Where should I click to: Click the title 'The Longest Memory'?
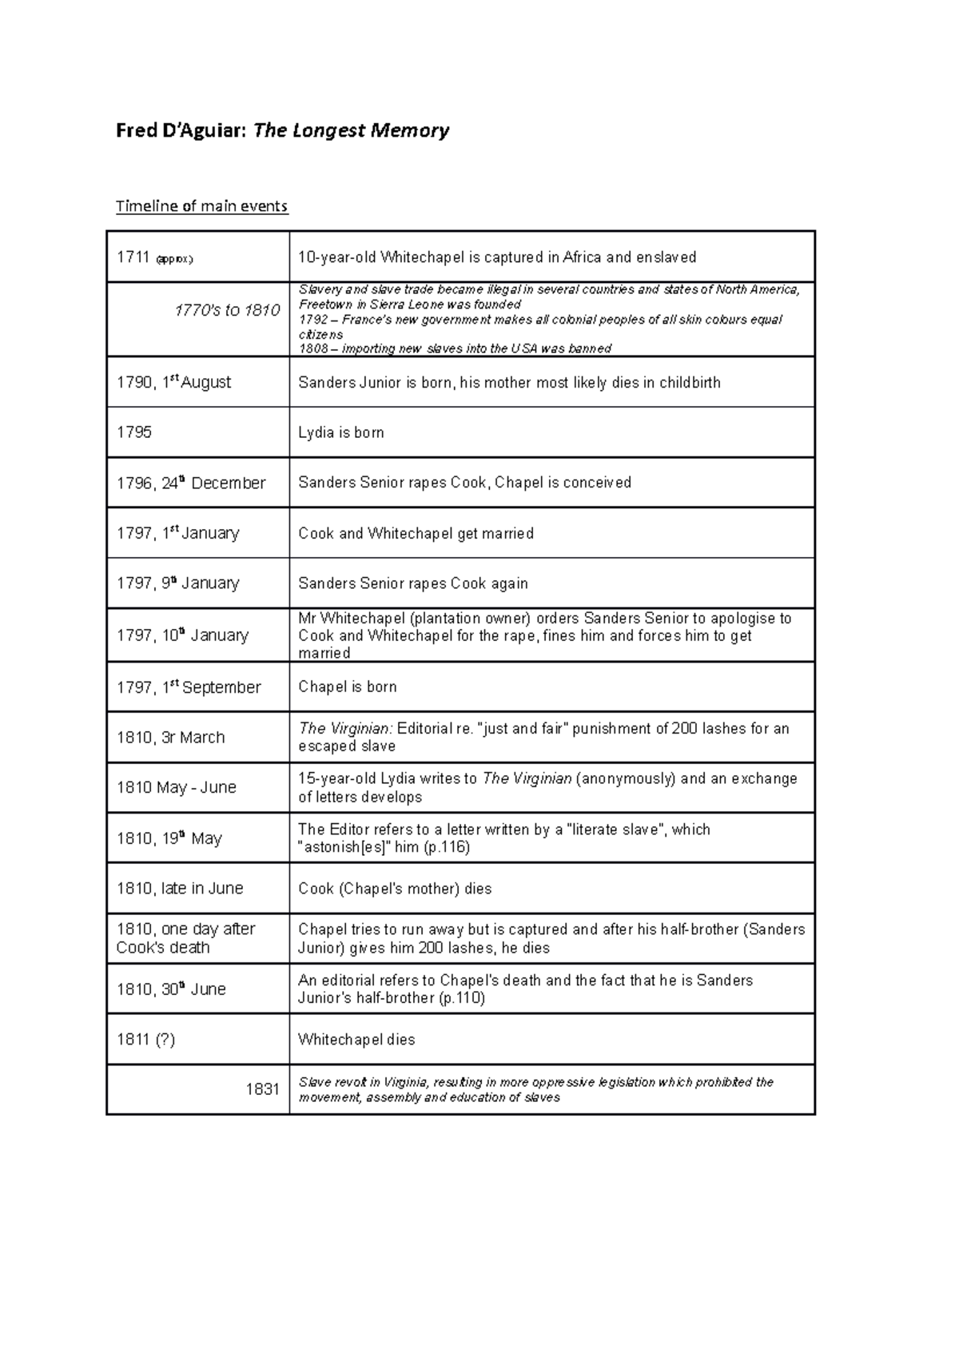click(351, 130)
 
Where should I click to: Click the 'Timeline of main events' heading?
click(201, 206)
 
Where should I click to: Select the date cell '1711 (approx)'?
click(155, 257)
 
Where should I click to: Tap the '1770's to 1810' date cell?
click(227, 310)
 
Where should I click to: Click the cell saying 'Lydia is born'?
click(341, 432)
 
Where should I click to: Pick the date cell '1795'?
click(134, 432)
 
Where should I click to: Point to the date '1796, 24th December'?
click(191, 483)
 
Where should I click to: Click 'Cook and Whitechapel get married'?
click(416, 533)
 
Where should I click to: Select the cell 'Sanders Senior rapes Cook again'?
click(413, 583)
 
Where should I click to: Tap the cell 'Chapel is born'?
click(348, 687)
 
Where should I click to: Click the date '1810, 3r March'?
click(171, 738)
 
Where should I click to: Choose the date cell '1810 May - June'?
click(177, 787)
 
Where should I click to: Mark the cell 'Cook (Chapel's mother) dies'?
click(395, 889)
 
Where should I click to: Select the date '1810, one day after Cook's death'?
click(185, 938)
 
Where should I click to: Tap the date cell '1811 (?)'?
click(145, 1040)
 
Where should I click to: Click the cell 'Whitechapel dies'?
click(356, 1040)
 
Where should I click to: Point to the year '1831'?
click(262, 1089)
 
